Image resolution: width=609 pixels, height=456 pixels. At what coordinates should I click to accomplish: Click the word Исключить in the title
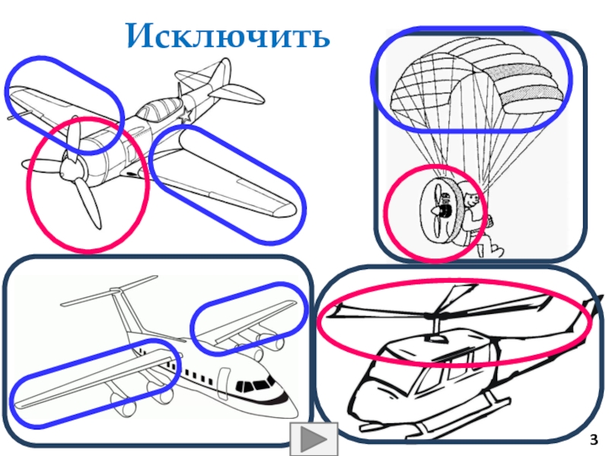(x=228, y=35)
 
